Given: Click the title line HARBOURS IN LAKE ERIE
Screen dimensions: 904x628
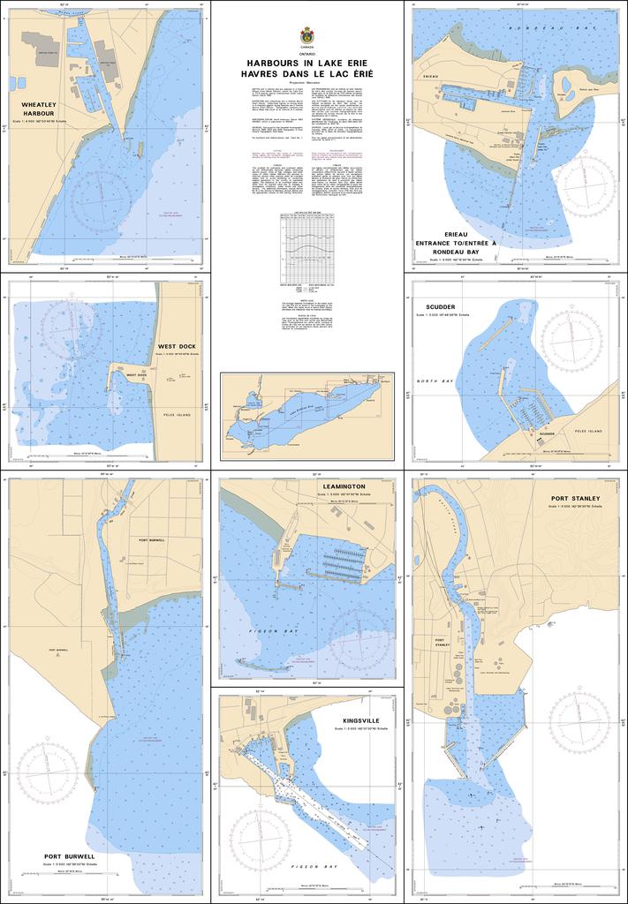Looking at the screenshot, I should pyautogui.click(x=306, y=64).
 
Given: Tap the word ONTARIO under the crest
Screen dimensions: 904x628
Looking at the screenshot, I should pyautogui.click(x=306, y=55).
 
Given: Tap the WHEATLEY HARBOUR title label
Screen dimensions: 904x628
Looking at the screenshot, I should pyautogui.click(x=39, y=109).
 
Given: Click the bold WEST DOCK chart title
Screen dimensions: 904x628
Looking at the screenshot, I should pyautogui.click(x=177, y=346).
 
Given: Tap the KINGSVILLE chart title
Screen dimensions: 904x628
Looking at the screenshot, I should pyautogui.click(x=362, y=720).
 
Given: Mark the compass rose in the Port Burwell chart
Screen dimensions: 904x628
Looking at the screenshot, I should pyautogui.click(x=48, y=774).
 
